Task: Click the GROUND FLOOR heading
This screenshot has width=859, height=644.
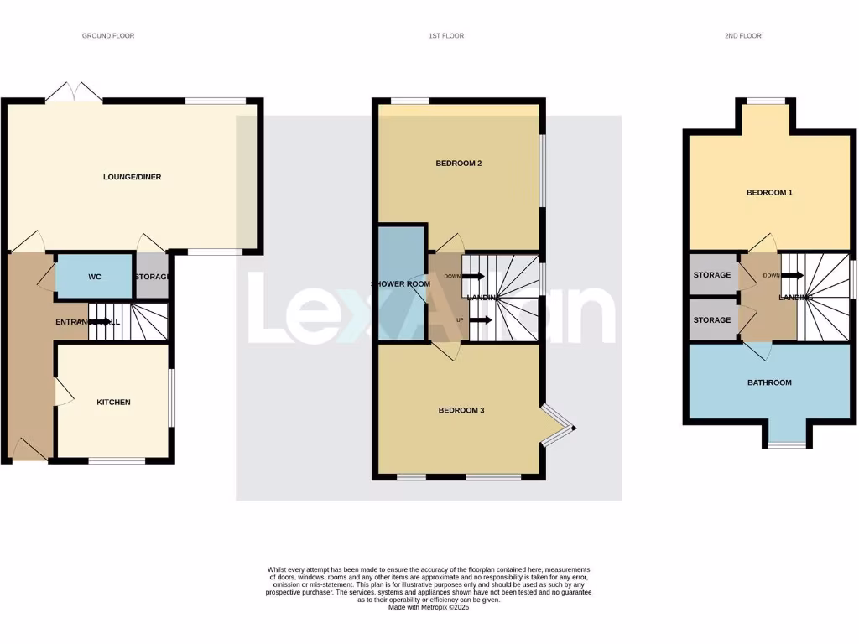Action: pyautogui.click(x=108, y=36)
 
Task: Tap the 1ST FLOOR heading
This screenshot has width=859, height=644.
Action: pyautogui.click(x=446, y=36)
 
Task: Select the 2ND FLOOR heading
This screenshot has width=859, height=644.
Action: pyautogui.click(x=744, y=36)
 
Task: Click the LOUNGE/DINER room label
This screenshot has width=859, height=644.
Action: pyautogui.click(x=132, y=177)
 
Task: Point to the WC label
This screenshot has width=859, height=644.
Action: pyautogui.click(x=95, y=277)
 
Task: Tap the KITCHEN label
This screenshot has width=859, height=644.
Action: pyautogui.click(x=113, y=402)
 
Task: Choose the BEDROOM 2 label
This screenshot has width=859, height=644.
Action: pyautogui.click(x=458, y=164)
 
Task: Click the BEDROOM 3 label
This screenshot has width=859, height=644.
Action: pyautogui.click(x=461, y=411)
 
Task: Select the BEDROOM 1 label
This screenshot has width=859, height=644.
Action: pyautogui.click(x=769, y=193)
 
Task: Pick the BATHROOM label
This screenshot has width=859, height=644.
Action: pyautogui.click(x=769, y=383)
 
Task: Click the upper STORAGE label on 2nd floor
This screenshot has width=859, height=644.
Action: pyautogui.click(x=711, y=275)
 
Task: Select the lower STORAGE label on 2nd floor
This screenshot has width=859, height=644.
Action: pyautogui.click(x=711, y=320)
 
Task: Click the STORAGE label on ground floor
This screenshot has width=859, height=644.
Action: pyautogui.click(x=153, y=277)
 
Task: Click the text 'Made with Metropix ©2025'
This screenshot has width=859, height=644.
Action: pyautogui.click(x=429, y=607)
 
